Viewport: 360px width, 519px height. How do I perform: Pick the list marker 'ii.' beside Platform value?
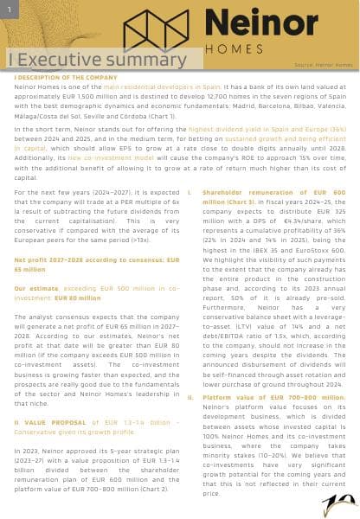coord(190,397)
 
